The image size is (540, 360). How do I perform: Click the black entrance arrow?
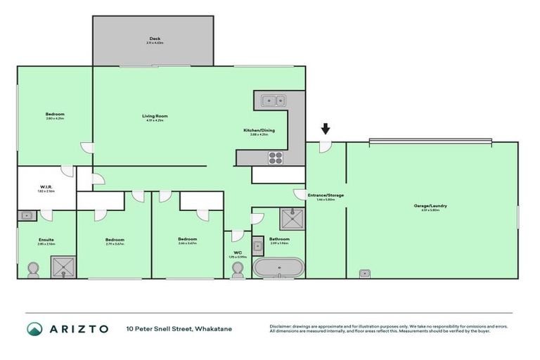click(326, 129)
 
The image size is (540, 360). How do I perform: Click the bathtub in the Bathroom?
click(279, 268)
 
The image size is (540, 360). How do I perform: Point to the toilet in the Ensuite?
click(32, 269)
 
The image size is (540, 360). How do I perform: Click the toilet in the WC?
click(237, 270)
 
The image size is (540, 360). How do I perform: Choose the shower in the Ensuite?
click(62, 266)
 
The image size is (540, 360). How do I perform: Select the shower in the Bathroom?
click(290, 220)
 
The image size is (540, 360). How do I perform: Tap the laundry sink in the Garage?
click(364, 273)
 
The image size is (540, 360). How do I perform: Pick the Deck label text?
click(155, 39)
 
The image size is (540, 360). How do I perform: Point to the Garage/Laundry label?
click(430, 205)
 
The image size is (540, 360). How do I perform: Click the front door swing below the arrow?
click(324, 146)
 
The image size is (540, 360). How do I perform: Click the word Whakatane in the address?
click(214, 328)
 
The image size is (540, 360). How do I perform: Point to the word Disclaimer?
click(283, 325)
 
